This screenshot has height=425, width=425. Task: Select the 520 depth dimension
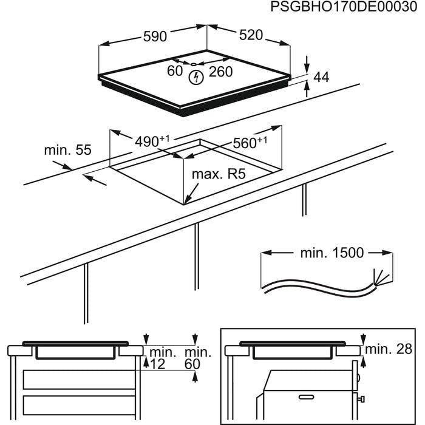250,35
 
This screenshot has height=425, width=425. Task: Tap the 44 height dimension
321,77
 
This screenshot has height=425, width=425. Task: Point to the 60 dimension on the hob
175,71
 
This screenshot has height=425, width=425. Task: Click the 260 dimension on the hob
220,71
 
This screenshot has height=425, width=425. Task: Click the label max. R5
218,175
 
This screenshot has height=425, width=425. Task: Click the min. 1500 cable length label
331,253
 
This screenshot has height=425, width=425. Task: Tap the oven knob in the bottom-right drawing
362,398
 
